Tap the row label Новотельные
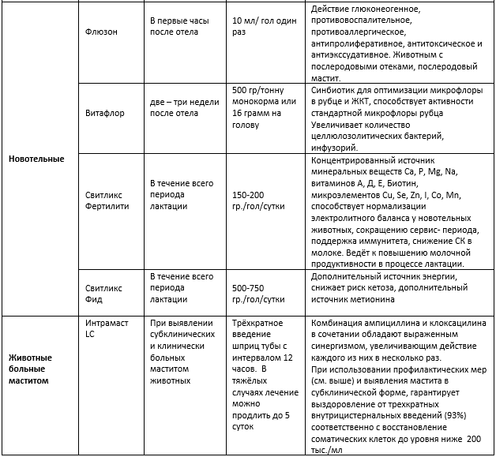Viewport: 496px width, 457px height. click(x=36, y=159)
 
